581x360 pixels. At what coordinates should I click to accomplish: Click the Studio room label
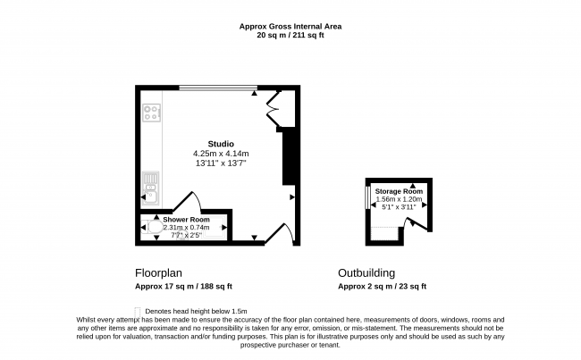pos(221,144)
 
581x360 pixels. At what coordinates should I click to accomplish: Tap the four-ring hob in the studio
pos(152,113)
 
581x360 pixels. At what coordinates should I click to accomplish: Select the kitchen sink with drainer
pos(151,188)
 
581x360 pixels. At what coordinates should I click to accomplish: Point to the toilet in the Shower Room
pos(153,227)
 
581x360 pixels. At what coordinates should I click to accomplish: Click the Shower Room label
pos(187,220)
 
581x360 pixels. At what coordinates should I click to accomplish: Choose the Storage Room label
pos(399,191)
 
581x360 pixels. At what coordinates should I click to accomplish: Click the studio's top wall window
pos(218,88)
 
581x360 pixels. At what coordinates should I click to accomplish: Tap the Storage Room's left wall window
pos(367,197)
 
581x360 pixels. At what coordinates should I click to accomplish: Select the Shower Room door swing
pos(188,201)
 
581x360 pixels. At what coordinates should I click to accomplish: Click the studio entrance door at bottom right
pos(280,234)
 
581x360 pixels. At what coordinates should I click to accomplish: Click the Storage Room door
pos(416,224)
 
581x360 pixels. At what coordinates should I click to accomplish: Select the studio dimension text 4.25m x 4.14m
pos(221,154)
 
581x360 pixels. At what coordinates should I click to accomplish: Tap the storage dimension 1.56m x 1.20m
pos(399,199)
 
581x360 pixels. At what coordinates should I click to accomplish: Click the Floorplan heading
pos(158,273)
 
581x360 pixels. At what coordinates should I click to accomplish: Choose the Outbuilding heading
pos(366,273)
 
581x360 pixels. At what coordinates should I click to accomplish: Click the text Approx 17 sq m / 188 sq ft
pos(183,286)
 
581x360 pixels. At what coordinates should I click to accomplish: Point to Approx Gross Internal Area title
pos(290,26)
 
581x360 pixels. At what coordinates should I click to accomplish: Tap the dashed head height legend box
pos(138,312)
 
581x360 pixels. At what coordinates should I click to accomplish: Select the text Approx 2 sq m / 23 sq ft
pos(382,286)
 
